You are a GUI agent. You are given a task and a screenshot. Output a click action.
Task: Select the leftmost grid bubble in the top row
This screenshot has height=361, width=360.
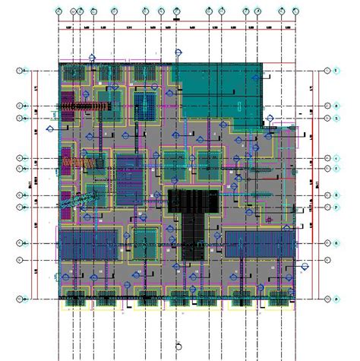(x=59, y=12)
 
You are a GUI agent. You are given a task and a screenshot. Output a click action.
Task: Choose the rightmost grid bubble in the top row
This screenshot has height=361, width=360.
(x=295, y=12)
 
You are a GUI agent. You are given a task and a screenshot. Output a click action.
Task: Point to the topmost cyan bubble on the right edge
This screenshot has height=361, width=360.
(x=327, y=71)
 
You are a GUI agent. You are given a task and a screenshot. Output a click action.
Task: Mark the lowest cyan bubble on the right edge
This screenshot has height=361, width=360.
(x=327, y=299)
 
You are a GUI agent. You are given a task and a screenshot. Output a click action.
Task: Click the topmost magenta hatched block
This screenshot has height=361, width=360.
(x=66, y=100)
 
